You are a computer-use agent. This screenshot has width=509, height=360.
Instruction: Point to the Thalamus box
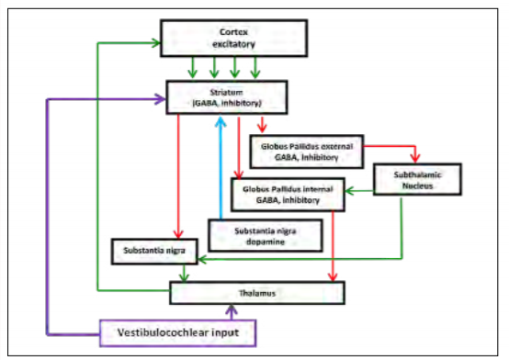click(x=258, y=291)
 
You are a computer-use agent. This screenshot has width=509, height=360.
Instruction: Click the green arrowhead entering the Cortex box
click(x=156, y=41)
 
